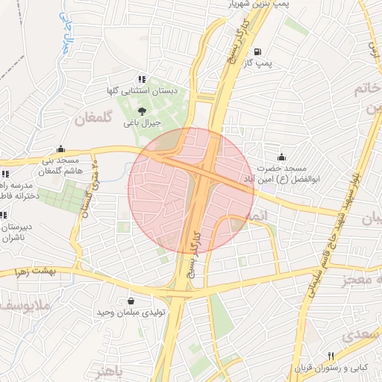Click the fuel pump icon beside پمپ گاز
pyautogui.click(x=257, y=51)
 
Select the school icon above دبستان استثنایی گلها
pyautogui.click(x=141, y=79)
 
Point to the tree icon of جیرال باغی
pyautogui.click(x=142, y=110)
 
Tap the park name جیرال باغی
pyautogui.click(x=141, y=123)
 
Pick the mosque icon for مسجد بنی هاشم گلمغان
pyautogui.click(x=60, y=148)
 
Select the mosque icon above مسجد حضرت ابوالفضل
pyautogui.click(x=281, y=156)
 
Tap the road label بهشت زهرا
pyautogui.click(x=25, y=274)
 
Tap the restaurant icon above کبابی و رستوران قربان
pyautogui.click(x=331, y=355)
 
